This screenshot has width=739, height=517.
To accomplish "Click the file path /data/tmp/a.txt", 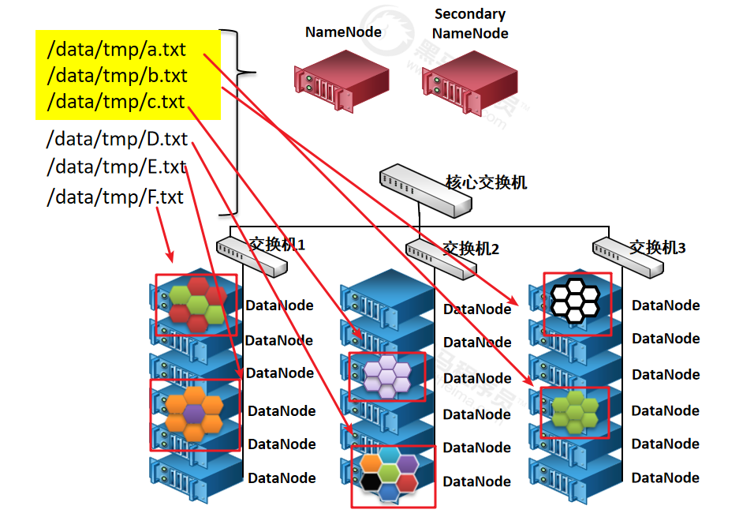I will point(117,50).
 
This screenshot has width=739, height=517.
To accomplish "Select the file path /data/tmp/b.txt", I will point(117,76).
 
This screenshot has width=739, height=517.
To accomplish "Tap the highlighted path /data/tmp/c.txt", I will point(116,102).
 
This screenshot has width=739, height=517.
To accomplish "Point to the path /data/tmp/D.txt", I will point(117,140).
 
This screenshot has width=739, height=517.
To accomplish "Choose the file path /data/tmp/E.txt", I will point(116,167).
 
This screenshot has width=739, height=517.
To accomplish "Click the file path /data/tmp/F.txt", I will point(115,197).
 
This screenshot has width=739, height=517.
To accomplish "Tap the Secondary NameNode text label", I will point(470,24).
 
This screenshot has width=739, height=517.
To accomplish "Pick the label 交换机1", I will point(277,244).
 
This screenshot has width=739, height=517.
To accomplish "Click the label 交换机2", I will point(471,249).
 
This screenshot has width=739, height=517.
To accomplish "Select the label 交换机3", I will point(657,248).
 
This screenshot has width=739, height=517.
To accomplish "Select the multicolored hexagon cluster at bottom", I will point(390,475).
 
